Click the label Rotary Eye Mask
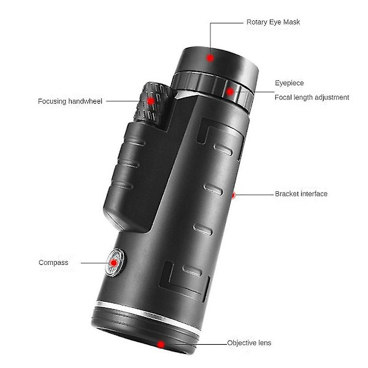[x=273, y=22]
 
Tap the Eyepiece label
[x=289, y=83]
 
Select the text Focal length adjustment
[x=312, y=98]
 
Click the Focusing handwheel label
[x=70, y=101]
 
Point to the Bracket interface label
[x=301, y=194]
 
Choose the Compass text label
[x=53, y=263]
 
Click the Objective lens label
[x=249, y=343]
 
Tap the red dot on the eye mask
[x=210, y=58]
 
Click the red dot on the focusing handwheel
[x=151, y=101]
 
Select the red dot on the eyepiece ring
[x=230, y=91]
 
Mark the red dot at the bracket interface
[x=233, y=195]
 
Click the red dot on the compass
[x=114, y=263]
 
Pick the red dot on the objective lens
[x=161, y=345]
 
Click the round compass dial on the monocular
[x=115, y=263]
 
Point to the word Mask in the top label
[x=292, y=22]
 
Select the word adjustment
[x=332, y=98]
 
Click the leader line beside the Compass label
[x=96, y=263]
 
